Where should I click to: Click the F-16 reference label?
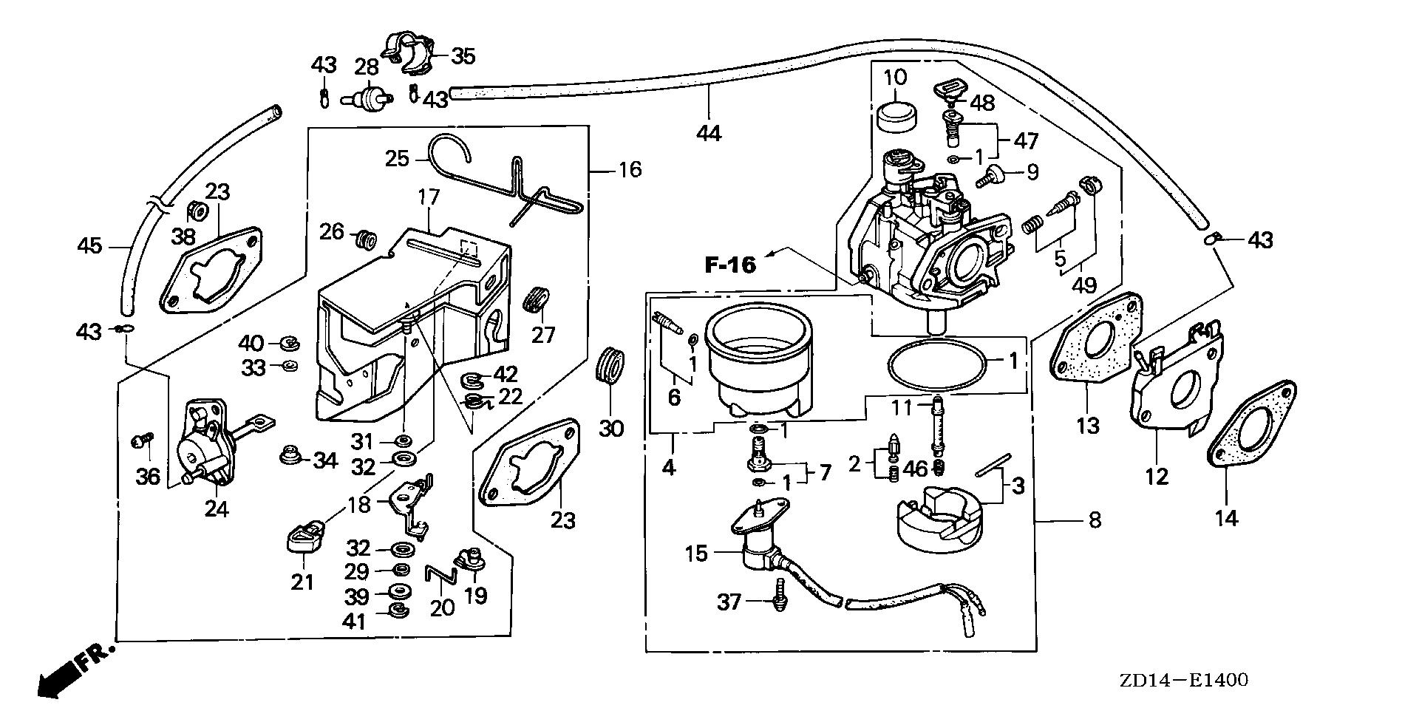(730, 265)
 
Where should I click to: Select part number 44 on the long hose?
(708, 133)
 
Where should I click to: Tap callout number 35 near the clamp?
(463, 55)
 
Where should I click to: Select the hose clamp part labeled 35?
(409, 53)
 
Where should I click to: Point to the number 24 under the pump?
(217, 509)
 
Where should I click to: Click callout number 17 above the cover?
(429, 197)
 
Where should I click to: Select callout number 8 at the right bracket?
(1095, 520)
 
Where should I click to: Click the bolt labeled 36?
(139, 441)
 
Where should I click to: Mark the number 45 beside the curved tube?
(90, 245)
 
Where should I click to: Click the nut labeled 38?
(197, 211)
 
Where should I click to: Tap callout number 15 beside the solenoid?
(696, 553)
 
